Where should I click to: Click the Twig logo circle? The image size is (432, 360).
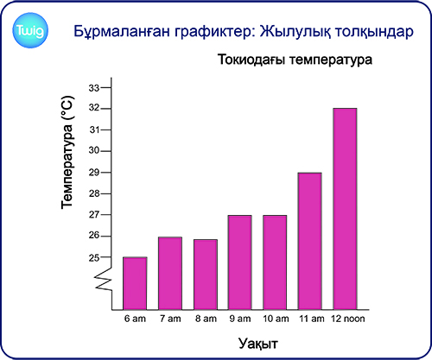point(30,30)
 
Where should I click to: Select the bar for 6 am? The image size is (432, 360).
point(135,283)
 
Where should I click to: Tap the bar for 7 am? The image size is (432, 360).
point(170,274)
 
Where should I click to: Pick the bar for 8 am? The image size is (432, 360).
point(206,275)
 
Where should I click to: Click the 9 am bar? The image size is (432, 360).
point(240,262)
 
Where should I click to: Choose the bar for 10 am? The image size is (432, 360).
point(275,262)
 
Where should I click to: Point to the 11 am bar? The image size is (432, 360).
point(310,241)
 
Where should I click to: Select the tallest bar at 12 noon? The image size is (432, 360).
point(345,209)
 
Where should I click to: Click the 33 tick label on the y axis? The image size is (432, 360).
point(94,88)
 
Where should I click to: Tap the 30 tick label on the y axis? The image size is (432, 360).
point(94,150)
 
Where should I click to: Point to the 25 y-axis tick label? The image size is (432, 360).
point(94,258)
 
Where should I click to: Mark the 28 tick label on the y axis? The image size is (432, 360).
point(94,193)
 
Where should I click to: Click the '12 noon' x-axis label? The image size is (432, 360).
point(348,319)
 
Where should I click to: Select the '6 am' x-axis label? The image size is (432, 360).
point(135,319)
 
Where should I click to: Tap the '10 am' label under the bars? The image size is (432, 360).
point(276,319)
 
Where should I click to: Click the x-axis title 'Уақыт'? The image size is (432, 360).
point(258,344)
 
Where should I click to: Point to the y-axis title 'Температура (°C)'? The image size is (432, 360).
point(68,152)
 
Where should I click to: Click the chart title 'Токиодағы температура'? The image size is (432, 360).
point(295,60)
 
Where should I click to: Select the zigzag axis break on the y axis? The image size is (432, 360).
point(104,279)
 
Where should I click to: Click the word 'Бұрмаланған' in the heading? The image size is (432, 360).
point(122,32)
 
